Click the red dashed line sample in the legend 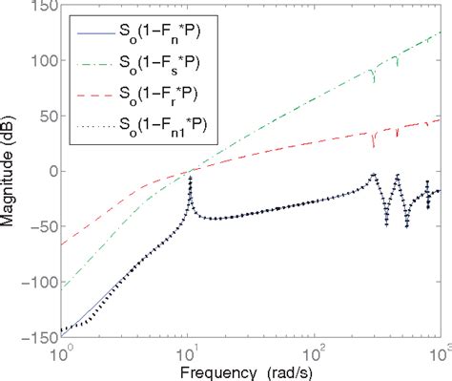point(92,95)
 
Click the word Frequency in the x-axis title point(209,370)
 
